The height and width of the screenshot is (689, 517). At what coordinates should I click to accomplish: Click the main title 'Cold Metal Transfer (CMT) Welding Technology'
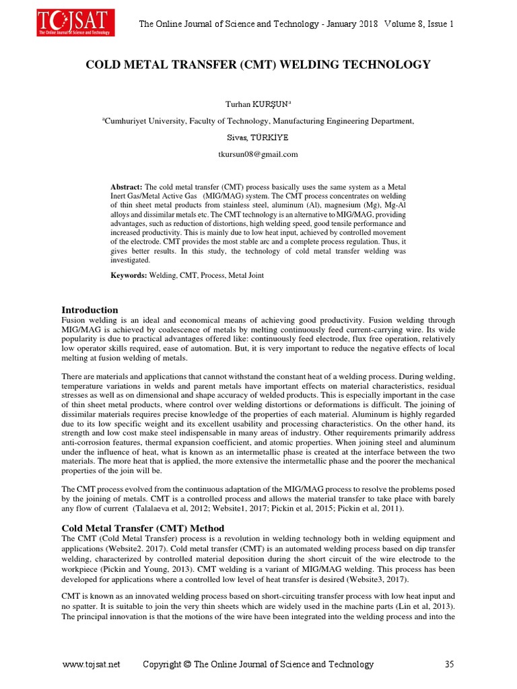coord(258,65)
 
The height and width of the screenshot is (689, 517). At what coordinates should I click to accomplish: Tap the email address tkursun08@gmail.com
coord(258,154)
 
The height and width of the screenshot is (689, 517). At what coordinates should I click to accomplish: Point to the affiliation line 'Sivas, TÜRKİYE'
coord(258,137)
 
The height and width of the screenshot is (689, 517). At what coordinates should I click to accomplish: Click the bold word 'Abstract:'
coord(127,186)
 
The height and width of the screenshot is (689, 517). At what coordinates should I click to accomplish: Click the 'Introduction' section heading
coord(90,310)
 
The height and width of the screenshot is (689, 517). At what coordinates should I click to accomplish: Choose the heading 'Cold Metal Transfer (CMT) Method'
coord(143,528)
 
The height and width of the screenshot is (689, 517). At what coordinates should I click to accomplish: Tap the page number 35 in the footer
coord(450,664)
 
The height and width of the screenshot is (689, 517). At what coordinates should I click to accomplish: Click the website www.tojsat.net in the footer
coord(91,664)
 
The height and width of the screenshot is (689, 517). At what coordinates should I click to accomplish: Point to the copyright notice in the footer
coord(258,664)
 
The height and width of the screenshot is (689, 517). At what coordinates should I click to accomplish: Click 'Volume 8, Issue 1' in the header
coord(419,24)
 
